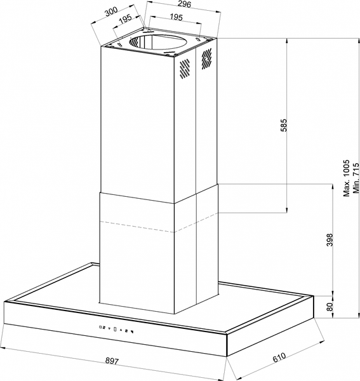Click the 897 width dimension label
pos(112,361)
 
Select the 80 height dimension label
pos(329,307)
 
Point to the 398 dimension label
pos(329,240)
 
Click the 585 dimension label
pos(284,125)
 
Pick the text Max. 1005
pos(346,178)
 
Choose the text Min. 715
pos(356,178)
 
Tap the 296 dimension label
pos(184,4)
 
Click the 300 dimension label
pos(110,11)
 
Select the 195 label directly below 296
pos(176,17)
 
